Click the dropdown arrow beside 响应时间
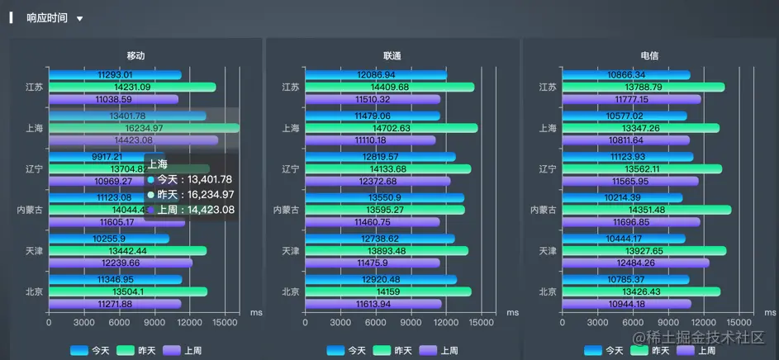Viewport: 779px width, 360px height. (x=79, y=18)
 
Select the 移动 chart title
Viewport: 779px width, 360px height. (x=135, y=55)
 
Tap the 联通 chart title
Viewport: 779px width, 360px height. (x=392, y=55)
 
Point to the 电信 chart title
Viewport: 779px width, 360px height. (x=649, y=55)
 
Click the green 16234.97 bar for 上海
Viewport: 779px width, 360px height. (x=144, y=128)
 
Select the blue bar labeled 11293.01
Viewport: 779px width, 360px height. (x=115, y=75)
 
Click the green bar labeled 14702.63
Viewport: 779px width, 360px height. (x=391, y=128)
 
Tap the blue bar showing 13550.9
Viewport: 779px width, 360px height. (x=384, y=198)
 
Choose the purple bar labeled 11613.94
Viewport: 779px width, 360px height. (x=373, y=304)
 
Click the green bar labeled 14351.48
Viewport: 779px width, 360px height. (x=645, y=210)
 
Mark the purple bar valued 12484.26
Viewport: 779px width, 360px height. (x=634, y=263)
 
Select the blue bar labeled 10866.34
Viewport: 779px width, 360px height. (x=625, y=75)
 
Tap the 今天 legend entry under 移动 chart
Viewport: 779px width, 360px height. (x=90, y=350)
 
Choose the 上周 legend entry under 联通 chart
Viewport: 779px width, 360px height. (x=439, y=350)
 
